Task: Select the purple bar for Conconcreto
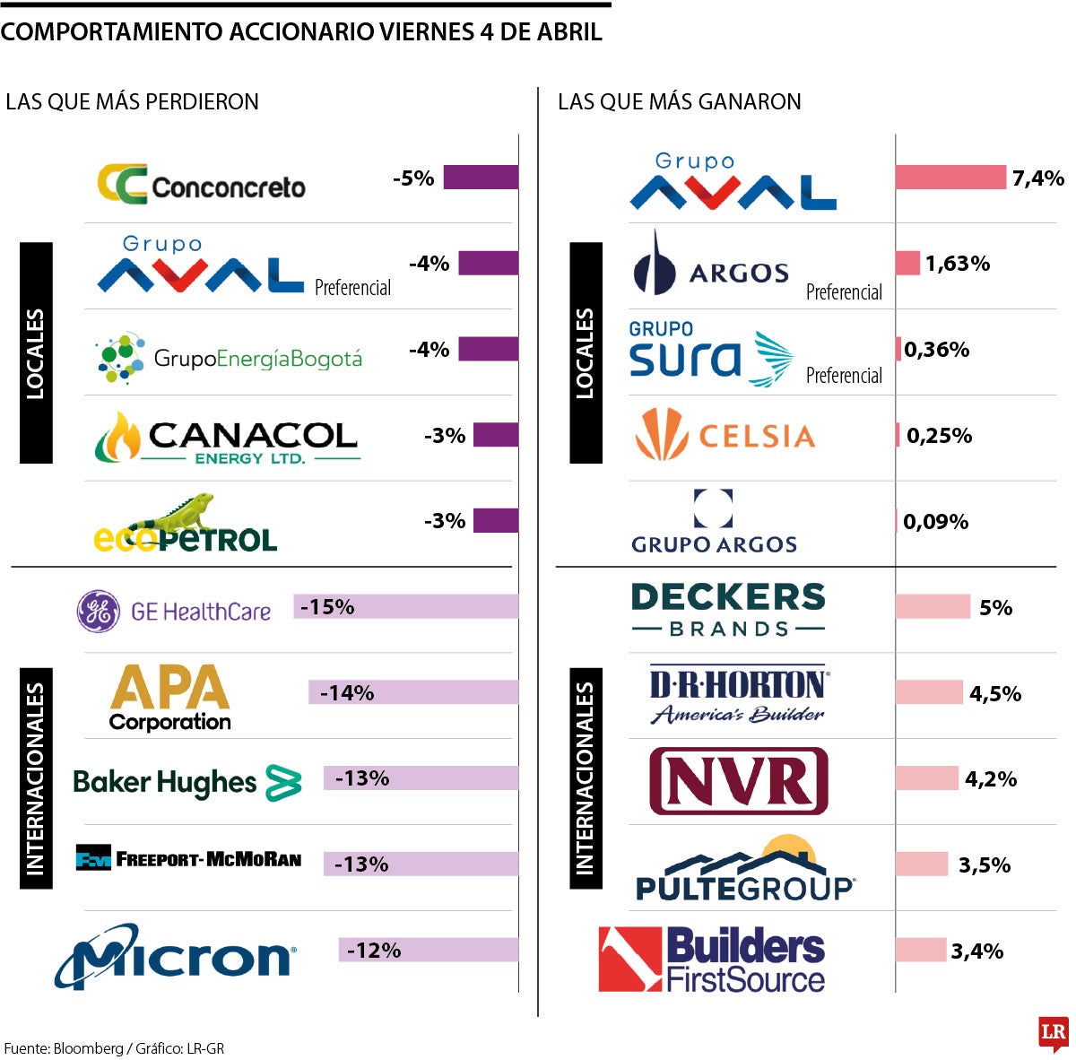click(x=481, y=178)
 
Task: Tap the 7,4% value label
click(x=1038, y=178)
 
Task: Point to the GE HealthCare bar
click(x=405, y=607)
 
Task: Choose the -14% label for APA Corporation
click(x=347, y=693)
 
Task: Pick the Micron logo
click(x=176, y=956)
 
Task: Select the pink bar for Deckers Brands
click(x=933, y=607)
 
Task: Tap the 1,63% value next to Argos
click(x=958, y=264)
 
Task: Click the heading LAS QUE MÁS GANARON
click(x=679, y=102)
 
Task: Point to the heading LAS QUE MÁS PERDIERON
click(x=132, y=102)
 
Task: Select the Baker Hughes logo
click(x=187, y=783)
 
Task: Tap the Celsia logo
click(x=725, y=435)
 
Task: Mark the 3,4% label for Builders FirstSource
click(x=977, y=951)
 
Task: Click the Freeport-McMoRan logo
click(x=188, y=859)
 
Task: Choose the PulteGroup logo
click(x=745, y=870)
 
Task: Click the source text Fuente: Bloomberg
click(x=63, y=1048)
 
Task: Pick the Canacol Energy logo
click(x=227, y=439)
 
